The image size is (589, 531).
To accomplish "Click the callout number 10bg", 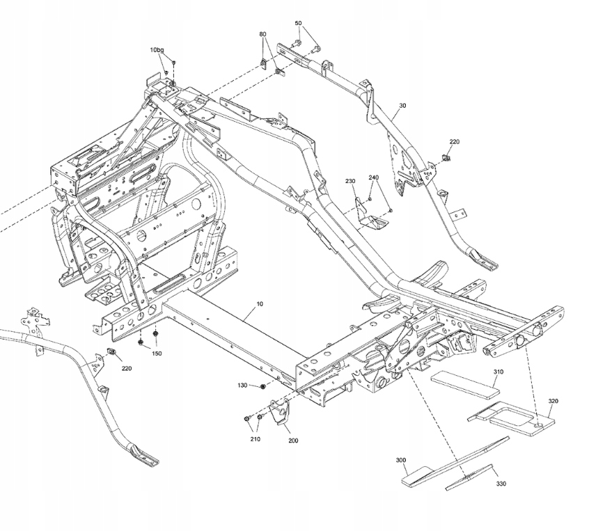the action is click(157, 49).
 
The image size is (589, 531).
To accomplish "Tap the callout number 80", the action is click(262, 34).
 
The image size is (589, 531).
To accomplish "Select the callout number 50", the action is click(298, 23).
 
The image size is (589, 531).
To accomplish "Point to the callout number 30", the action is click(402, 106).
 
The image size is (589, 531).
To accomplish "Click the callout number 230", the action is click(350, 181).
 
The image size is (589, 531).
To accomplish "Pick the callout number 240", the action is click(373, 177).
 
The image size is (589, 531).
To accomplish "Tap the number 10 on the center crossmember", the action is click(260, 304).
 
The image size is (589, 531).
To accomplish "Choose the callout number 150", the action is click(157, 354).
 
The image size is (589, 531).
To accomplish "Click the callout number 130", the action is click(242, 386).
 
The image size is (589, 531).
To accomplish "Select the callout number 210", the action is click(255, 439).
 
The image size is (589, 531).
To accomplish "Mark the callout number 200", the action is click(293, 441).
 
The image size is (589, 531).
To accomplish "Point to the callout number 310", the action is click(498, 372).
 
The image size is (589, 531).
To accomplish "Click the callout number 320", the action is click(553, 401).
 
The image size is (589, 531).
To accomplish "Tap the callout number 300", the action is click(401, 460).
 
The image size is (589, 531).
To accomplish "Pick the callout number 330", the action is click(501, 484).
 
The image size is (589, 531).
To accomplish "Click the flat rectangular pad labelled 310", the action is click(465, 384).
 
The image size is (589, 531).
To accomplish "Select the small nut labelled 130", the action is click(263, 386).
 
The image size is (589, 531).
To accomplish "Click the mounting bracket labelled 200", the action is click(280, 412).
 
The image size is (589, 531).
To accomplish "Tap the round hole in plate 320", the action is click(539, 425).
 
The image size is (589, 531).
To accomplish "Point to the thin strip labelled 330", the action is click(469, 477).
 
